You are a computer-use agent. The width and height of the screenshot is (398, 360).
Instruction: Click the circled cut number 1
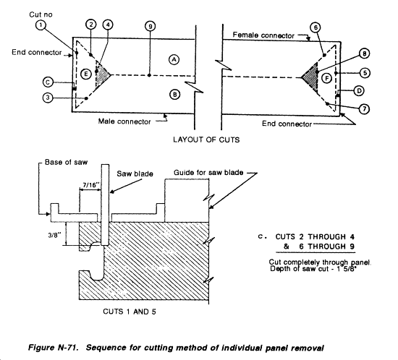pyautogui.click(x=41, y=25)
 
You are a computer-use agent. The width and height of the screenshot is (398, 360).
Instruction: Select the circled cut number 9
pyautogui.click(x=151, y=26)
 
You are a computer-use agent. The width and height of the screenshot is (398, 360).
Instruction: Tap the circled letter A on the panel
pyautogui.click(x=174, y=59)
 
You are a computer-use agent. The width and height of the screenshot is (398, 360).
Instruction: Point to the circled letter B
pyautogui.click(x=175, y=95)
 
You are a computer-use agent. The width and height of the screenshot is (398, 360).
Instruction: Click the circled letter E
pyautogui.click(x=86, y=74)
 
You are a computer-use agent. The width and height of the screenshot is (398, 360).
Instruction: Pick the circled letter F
pyautogui.click(x=327, y=78)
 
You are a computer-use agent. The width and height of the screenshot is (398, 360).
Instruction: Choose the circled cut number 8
pyautogui.click(x=365, y=53)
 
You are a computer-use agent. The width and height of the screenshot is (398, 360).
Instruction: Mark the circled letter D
pyautogui.click(x=359, y=91)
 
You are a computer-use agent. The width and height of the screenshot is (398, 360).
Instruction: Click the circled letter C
pyautogui.click(x=48, y=82)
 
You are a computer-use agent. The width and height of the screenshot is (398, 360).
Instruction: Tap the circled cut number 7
pyautogui.click(x=365, y=109)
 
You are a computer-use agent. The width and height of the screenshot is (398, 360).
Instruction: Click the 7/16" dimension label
pyautogui.click(x=90, y=185)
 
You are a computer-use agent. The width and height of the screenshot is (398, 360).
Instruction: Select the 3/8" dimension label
pyautogui.click(x=54, y=235)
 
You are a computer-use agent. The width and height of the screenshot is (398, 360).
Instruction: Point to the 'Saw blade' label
pyautogui.click(x=135, y=173)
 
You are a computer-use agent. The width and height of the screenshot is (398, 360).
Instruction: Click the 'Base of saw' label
pyautogui.click(x=66, y=162)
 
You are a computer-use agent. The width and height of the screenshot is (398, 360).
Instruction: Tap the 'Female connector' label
pyautogui.click(x=263, y=35)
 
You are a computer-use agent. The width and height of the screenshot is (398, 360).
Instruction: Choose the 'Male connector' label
pyautogui.click(x=124, y=121)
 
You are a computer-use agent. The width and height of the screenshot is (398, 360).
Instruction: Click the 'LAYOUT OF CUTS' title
pyautogui.click(x=206, y=140)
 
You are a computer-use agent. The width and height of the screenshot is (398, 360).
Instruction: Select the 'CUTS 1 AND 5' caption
pyautogui.click(x=130, y=312)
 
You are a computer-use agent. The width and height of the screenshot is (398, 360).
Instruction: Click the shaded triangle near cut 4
pyautogui.click(x=102, y=74)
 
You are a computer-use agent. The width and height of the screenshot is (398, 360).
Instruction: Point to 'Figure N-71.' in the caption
pyautogui.click(x=53, y=348)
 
